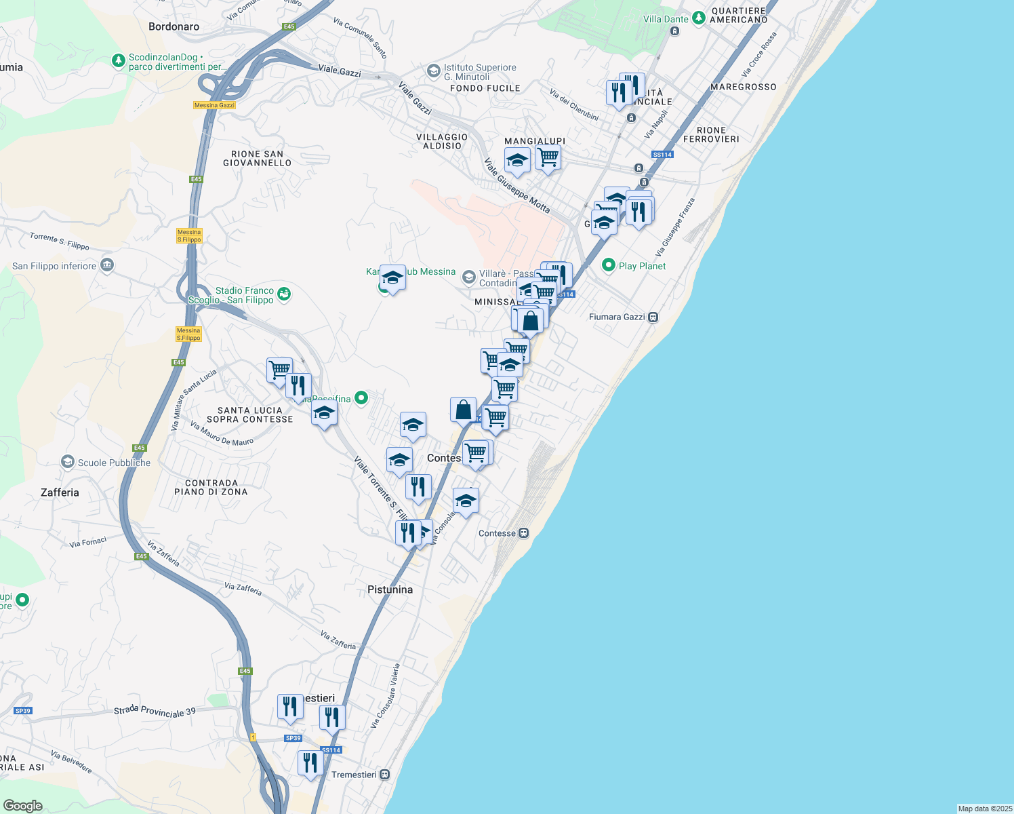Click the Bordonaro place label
pyautogui.click(x=174, y=27)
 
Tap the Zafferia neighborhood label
pyautogui.click(x=60, y=492)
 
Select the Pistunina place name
pyautogui.click(x=390, y=589)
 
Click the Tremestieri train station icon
pyautogui.click(x=385, y=775)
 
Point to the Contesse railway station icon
pyautogui.click(x=524, y=533)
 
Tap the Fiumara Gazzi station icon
pyautogui.click(x=653, y=317)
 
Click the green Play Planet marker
pyautogui.click(x=609, y=265)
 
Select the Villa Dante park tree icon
pyautogui.click(x=699, y=18)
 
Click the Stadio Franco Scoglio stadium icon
pyautogui.click(x=284, y=294)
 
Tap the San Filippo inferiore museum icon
pyautogui.click(x=107, y=265)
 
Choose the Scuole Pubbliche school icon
pyautogui.click(x=68, y=462)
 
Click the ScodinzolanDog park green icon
pyautogui.click(x=119, y=61)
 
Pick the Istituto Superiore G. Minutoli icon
pyautogui.click(x=433, y=71)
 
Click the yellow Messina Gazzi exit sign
pyautogui.click(x=214, y=105)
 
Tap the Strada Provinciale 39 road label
pyautogui.click(x=155, y=712)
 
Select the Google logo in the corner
pyautogui.click(x=23, y=805)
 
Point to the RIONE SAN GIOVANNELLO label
pyautogui.click(x=257, y=158)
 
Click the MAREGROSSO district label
pyautogui.click(x=743, y=87)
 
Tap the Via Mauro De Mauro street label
pyautogui.click(x=222, y=434)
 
